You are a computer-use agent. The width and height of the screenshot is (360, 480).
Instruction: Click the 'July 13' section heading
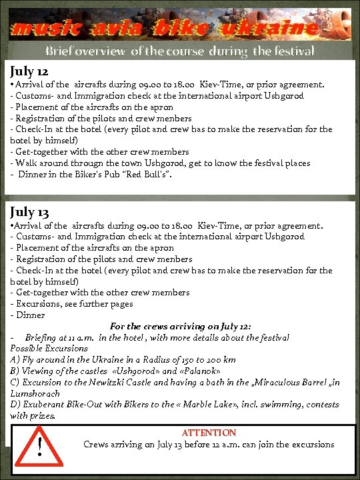29,212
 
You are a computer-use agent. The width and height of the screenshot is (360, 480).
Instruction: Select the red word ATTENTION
209,433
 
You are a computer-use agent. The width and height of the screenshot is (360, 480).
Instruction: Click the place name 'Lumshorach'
35,393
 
